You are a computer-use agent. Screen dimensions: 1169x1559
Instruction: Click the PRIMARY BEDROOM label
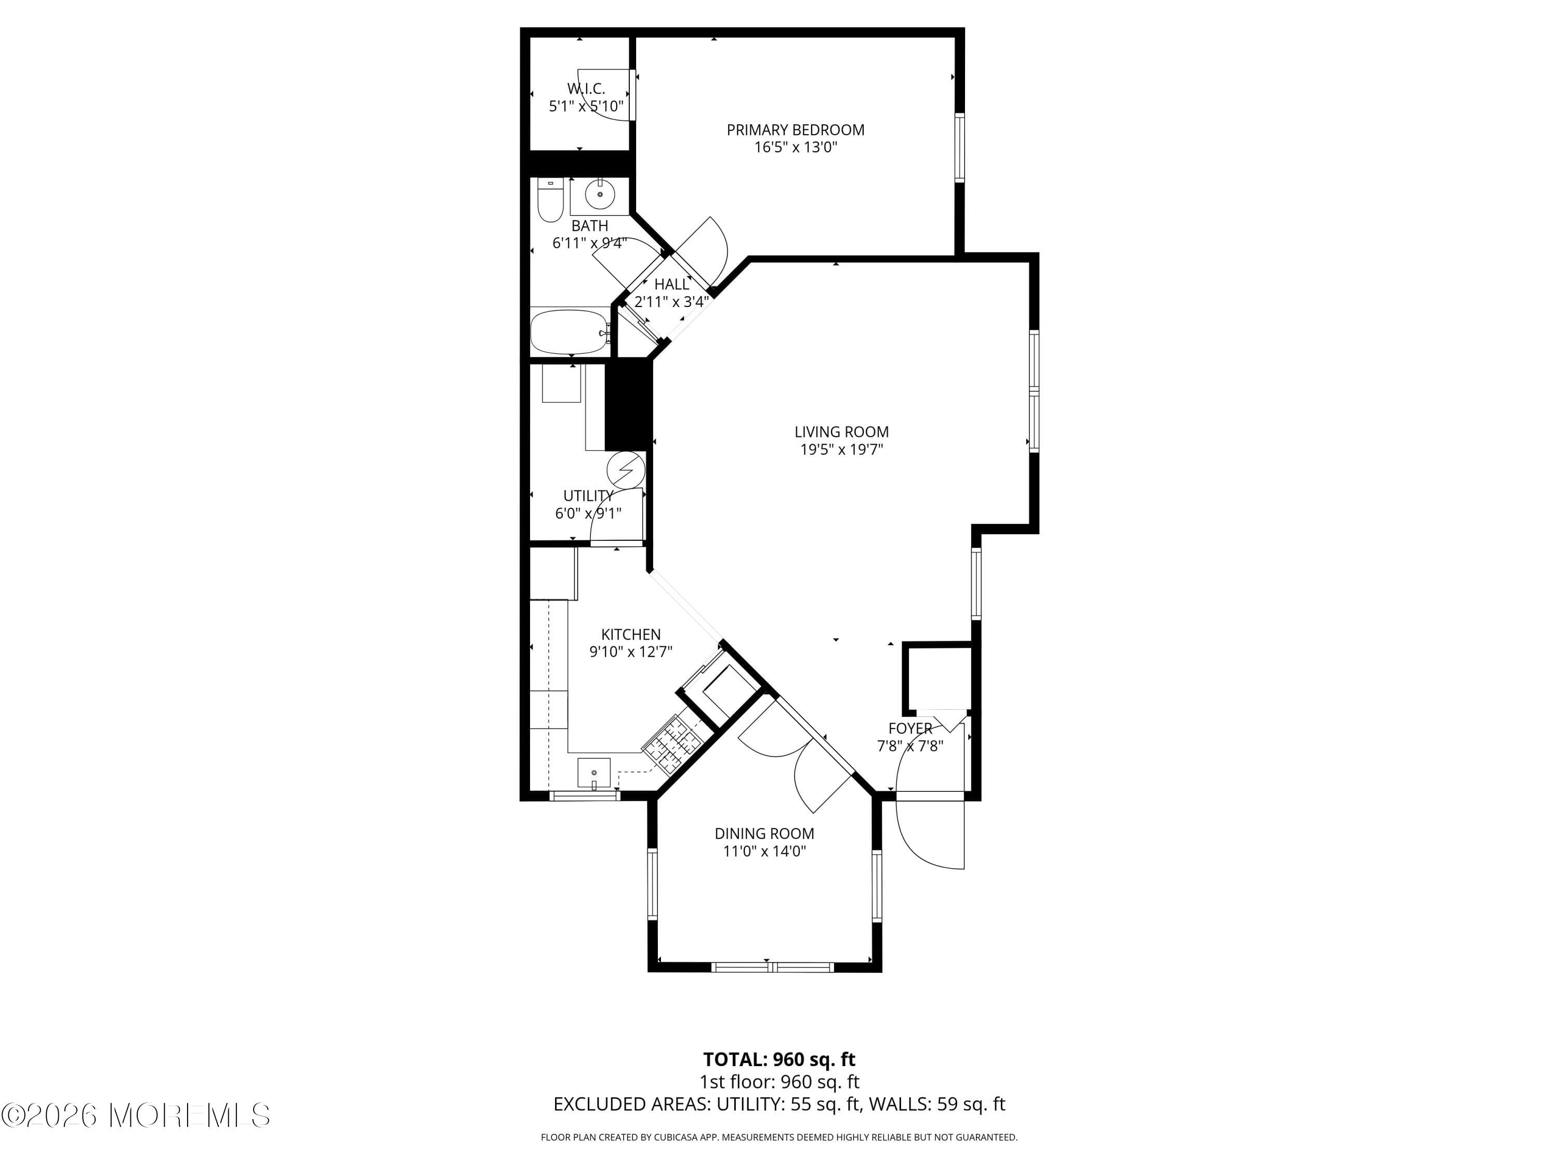(795, 130)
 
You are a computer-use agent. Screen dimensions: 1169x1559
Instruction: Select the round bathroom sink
(600, 194)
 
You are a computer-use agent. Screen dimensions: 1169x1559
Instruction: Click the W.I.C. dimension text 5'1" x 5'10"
(586, 107)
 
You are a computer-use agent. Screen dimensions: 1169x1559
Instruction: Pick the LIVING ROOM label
(841, 432)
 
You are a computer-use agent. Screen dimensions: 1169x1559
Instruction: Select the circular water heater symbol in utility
(626, 469)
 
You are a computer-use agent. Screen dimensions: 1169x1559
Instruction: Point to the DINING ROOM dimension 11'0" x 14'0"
(765, 851)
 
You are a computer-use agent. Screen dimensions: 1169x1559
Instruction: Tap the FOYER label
(910, 728)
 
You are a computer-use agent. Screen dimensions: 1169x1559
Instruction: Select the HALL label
(671, 284)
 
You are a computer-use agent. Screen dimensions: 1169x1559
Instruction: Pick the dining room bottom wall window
(773, 967)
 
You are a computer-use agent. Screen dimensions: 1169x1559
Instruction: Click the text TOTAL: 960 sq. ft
(779, 1060)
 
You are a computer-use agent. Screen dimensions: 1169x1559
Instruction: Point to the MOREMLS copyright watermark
(135, 1115)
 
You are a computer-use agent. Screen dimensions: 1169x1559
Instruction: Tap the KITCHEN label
(631, 634)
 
